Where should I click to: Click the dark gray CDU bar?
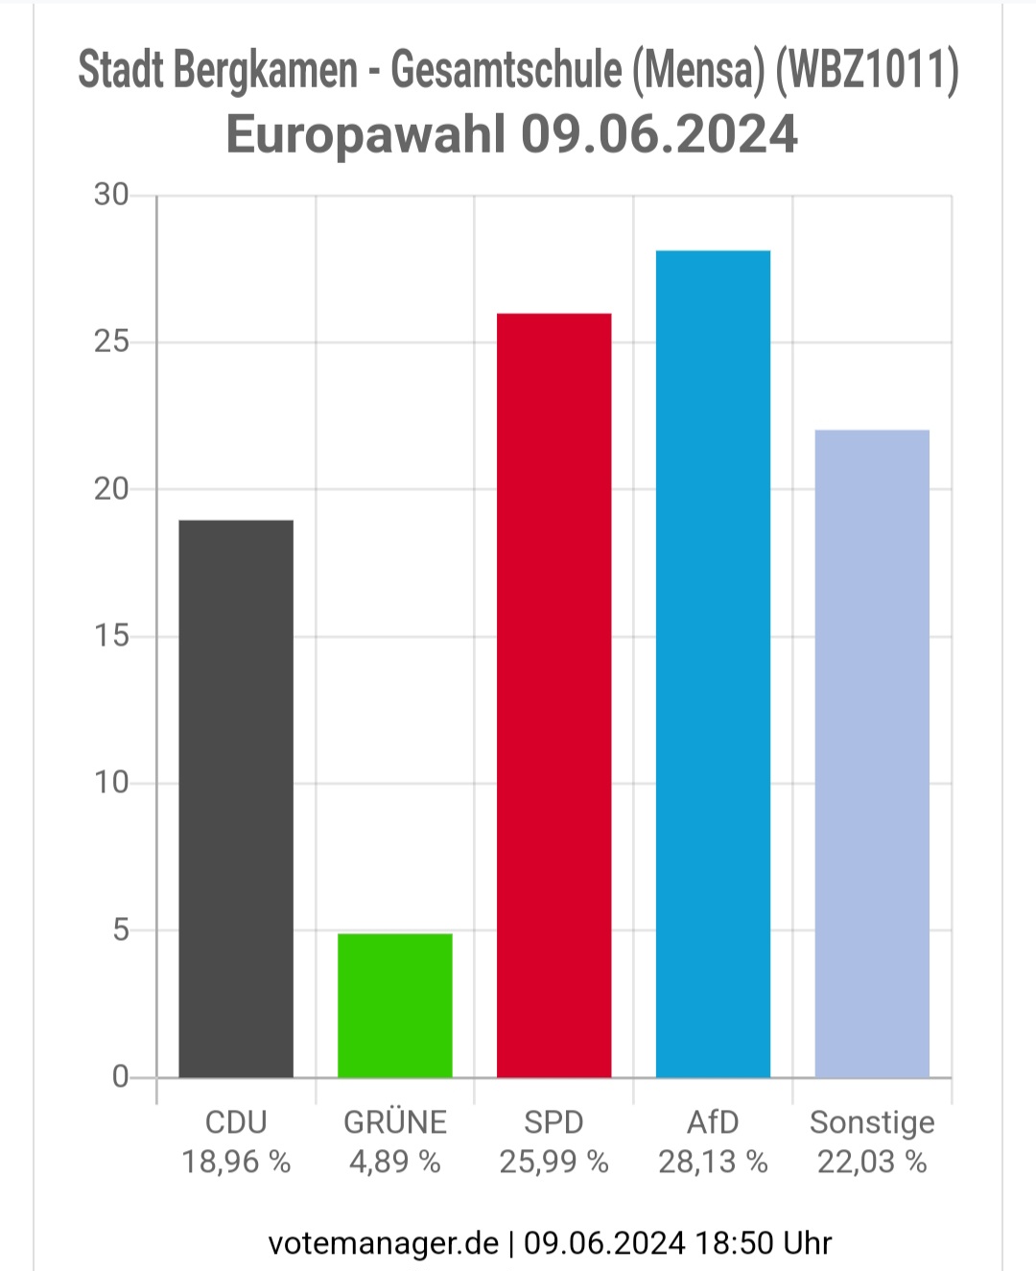pos(236,798)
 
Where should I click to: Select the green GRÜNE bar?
pos(395,1005)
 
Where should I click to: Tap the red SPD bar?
pos(553,695)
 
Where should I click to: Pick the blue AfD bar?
pos(713,664)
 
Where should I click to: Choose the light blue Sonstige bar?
pos(872,754)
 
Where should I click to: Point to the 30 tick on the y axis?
pos(111,195)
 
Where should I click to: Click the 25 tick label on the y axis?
pos(111,341)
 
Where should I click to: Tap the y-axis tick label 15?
pos(111,636)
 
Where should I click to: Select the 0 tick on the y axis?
pos(121,1077)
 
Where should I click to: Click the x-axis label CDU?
pos(236,1122)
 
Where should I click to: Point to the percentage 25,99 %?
pos(553,1163)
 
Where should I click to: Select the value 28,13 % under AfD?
pos(713,1163)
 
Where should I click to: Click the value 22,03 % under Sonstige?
pos(872,1163)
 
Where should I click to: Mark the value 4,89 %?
pos(395,1163)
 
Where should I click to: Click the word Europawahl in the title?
pos(366,136)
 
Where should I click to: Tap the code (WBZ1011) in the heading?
pos(866,70)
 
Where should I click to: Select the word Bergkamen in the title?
pos(266,70)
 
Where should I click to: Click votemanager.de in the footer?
pos(383,1243)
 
